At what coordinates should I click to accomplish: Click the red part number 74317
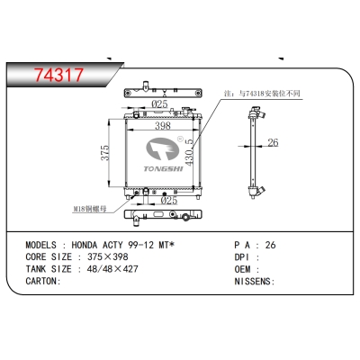pyautogui.click(x=58, y=75)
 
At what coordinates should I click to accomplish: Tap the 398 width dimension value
pyautogui.click(x=163, y=126)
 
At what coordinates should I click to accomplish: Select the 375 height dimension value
pyautogui.click(x=105, y=153)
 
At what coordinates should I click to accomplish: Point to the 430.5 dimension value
pyautogui.click(x=189, y=152)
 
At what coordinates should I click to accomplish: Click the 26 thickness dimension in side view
pyautogui.click(x=273, y=142)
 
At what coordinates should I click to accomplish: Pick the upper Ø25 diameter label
pyautogui.click(x=159, y=104)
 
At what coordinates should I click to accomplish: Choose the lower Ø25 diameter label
pyautogui.click(x=169, y=201)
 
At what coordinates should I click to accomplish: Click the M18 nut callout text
pyautogui.click(x=90, y=209)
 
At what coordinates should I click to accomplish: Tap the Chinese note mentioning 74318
pyautogui.click(x=262, y=94)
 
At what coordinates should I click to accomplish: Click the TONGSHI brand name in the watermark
pyautogui.click(x=163, y=169)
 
